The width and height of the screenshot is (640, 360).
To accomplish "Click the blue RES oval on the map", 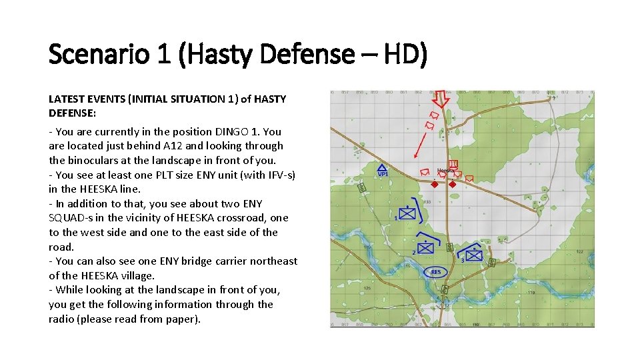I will [435, 272].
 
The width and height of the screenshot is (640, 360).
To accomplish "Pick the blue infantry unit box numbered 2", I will [426, 248].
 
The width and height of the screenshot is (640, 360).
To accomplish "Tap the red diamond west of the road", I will [434, 183].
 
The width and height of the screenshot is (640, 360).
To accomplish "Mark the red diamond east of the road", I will [453, 183].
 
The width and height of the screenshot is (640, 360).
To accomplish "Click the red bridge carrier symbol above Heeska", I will [453, 164].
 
